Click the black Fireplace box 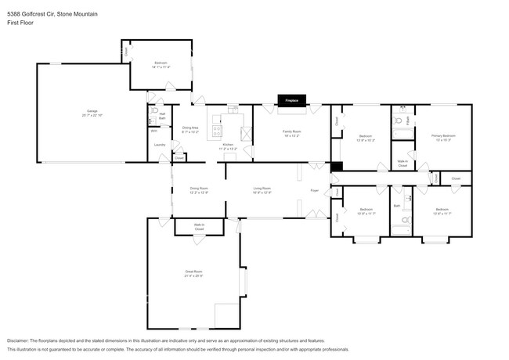[x=293, y=100]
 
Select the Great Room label [x=193, y=273]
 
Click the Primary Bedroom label [x=443, y=135]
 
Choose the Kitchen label [x=228, y=145]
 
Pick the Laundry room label [x=159, y=145]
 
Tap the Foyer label [x=314, y=190]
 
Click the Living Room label [x=262, y=188]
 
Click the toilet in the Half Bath [x=154, y=121]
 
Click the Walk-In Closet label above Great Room [x=199, y=227]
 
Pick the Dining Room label [x=199, y=188]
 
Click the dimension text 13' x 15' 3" [x=443, y=140]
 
